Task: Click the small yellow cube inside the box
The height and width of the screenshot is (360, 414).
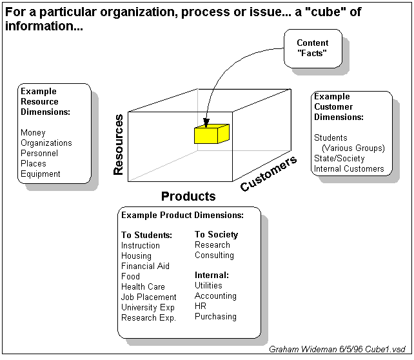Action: click(x=212, y=134)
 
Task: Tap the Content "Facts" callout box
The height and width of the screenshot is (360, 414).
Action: click(x=313, y=48)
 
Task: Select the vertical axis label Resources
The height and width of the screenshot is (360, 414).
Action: click(x=119, y=145)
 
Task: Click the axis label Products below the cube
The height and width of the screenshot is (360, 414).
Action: click(x=188, y=196)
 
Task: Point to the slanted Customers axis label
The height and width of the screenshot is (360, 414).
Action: click(x=269, y=174)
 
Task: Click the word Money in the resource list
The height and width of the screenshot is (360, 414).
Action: click(x=33, y=133)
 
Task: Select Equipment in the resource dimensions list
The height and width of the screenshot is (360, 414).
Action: click(x=40, y=174)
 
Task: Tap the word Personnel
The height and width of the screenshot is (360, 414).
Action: click(x=39, y=154)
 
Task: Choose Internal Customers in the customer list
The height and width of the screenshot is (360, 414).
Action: click(x=349, y=169)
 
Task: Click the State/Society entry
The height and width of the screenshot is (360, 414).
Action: click(x=339, y=159)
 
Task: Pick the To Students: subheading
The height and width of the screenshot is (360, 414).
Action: click(x=146, y=235)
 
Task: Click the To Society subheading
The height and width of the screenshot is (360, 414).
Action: click(x=217, y=235)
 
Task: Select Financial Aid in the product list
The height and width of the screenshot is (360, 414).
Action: click(x=145, y=266)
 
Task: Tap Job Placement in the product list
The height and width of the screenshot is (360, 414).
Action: click(x=148, y=297)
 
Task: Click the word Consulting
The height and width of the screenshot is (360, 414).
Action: click(x=214, y=255)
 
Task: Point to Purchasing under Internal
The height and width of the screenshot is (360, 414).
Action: click(x=215, y=317)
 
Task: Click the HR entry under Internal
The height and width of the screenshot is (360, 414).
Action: click(x=201, y=306)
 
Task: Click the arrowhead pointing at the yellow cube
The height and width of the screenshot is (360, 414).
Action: click(x=206, y=124)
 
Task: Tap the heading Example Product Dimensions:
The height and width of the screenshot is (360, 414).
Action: click(x=182, y=215)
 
